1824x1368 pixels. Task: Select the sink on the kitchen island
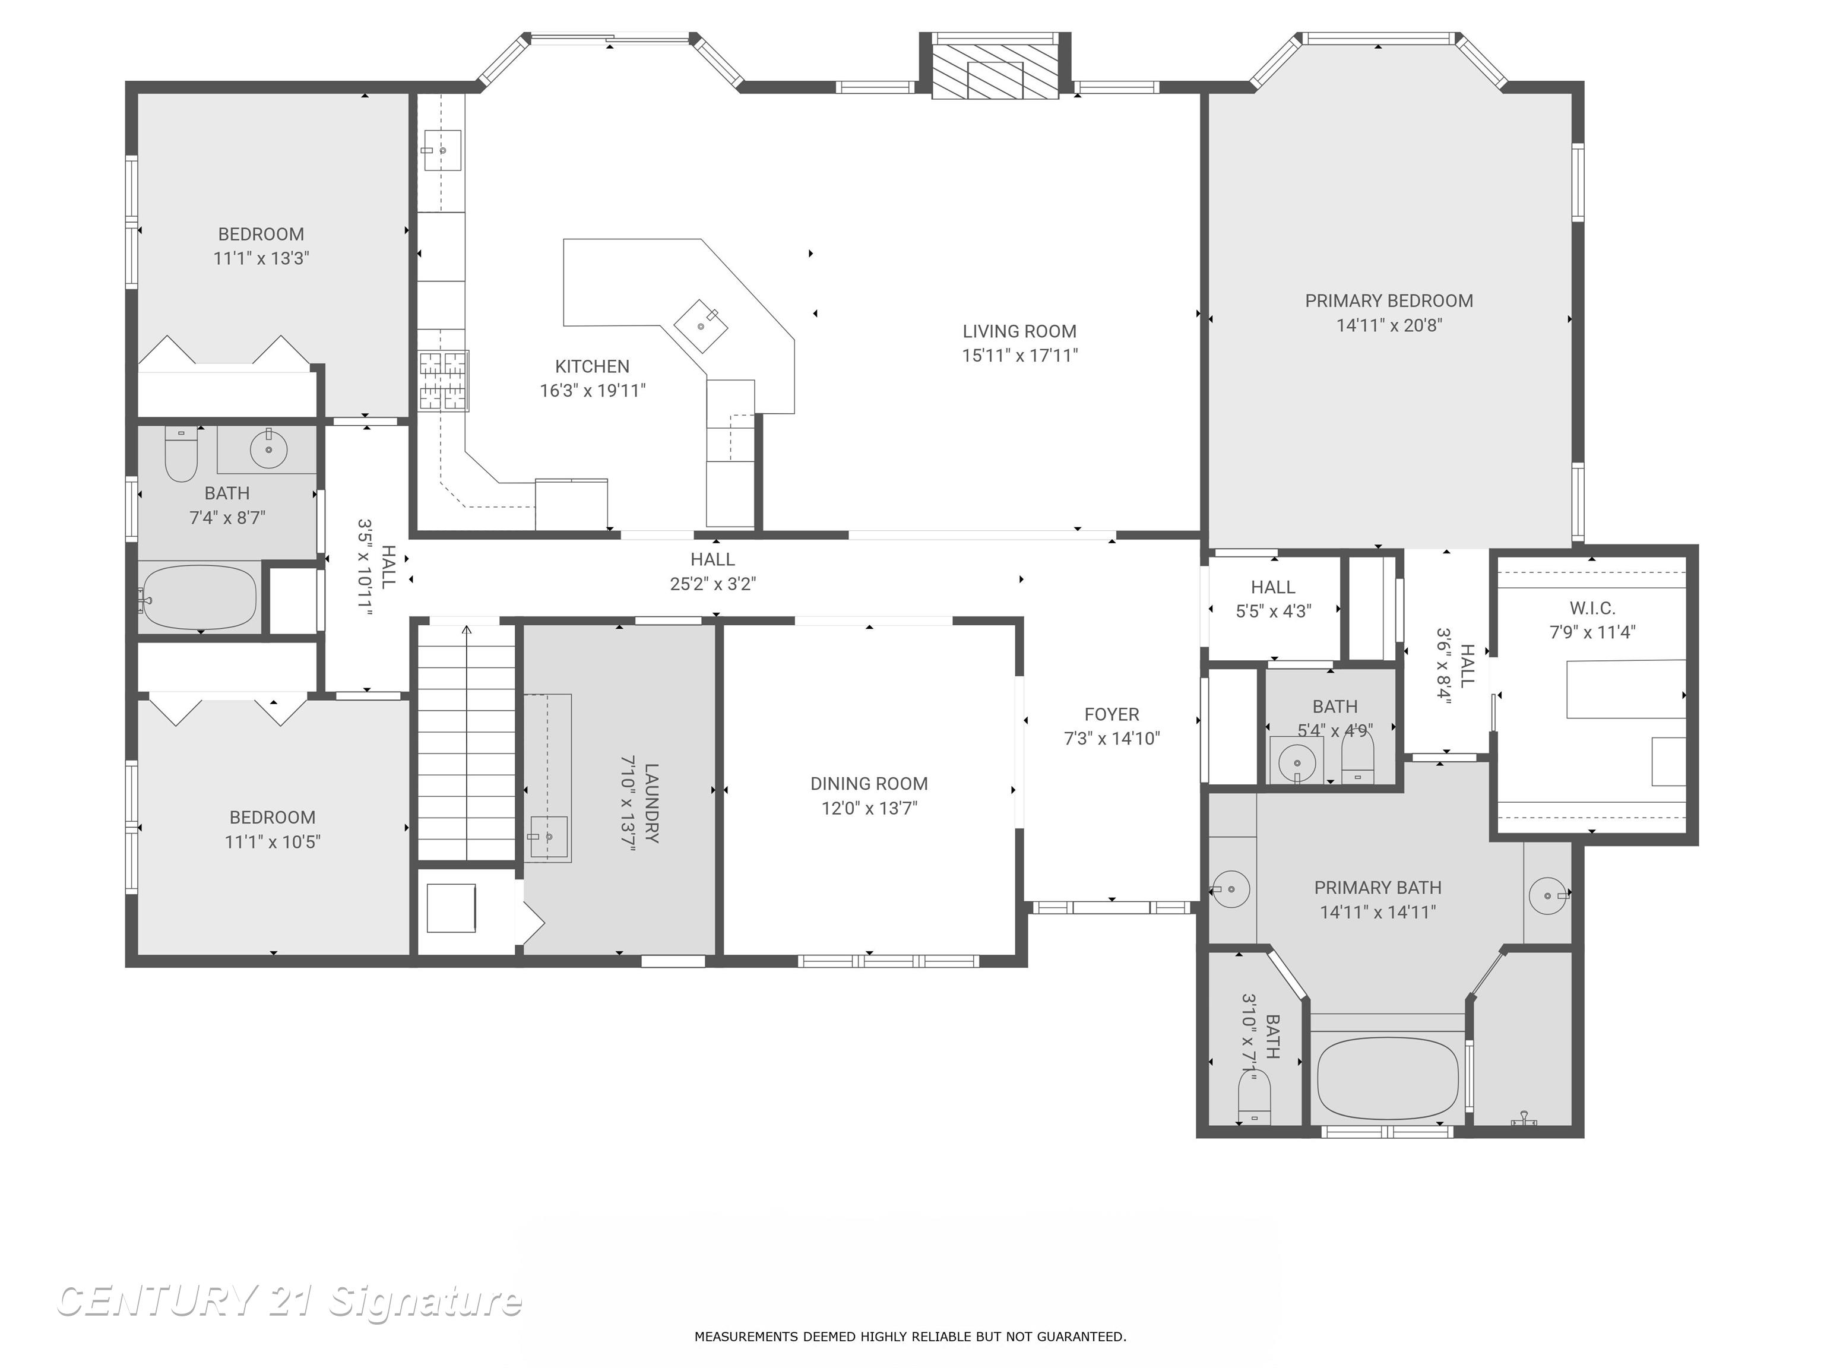(x=701, y=327)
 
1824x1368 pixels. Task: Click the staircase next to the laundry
(x=467, y=742)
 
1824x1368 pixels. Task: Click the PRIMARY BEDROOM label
(x=1389, y=301)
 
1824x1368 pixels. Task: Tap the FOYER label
(x=1111, y=714)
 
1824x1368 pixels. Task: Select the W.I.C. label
(x=1591, y=608)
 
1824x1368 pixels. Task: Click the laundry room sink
(x=549, y=838)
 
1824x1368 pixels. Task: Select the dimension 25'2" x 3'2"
(x=712, y=584)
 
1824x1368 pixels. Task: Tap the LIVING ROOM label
(x=1019, y=331)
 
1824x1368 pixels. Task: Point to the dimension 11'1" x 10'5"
(x=272, y=841)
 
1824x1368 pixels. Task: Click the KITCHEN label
(x=592, y=366)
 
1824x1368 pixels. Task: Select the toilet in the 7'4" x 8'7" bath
(x=180, y=455)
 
